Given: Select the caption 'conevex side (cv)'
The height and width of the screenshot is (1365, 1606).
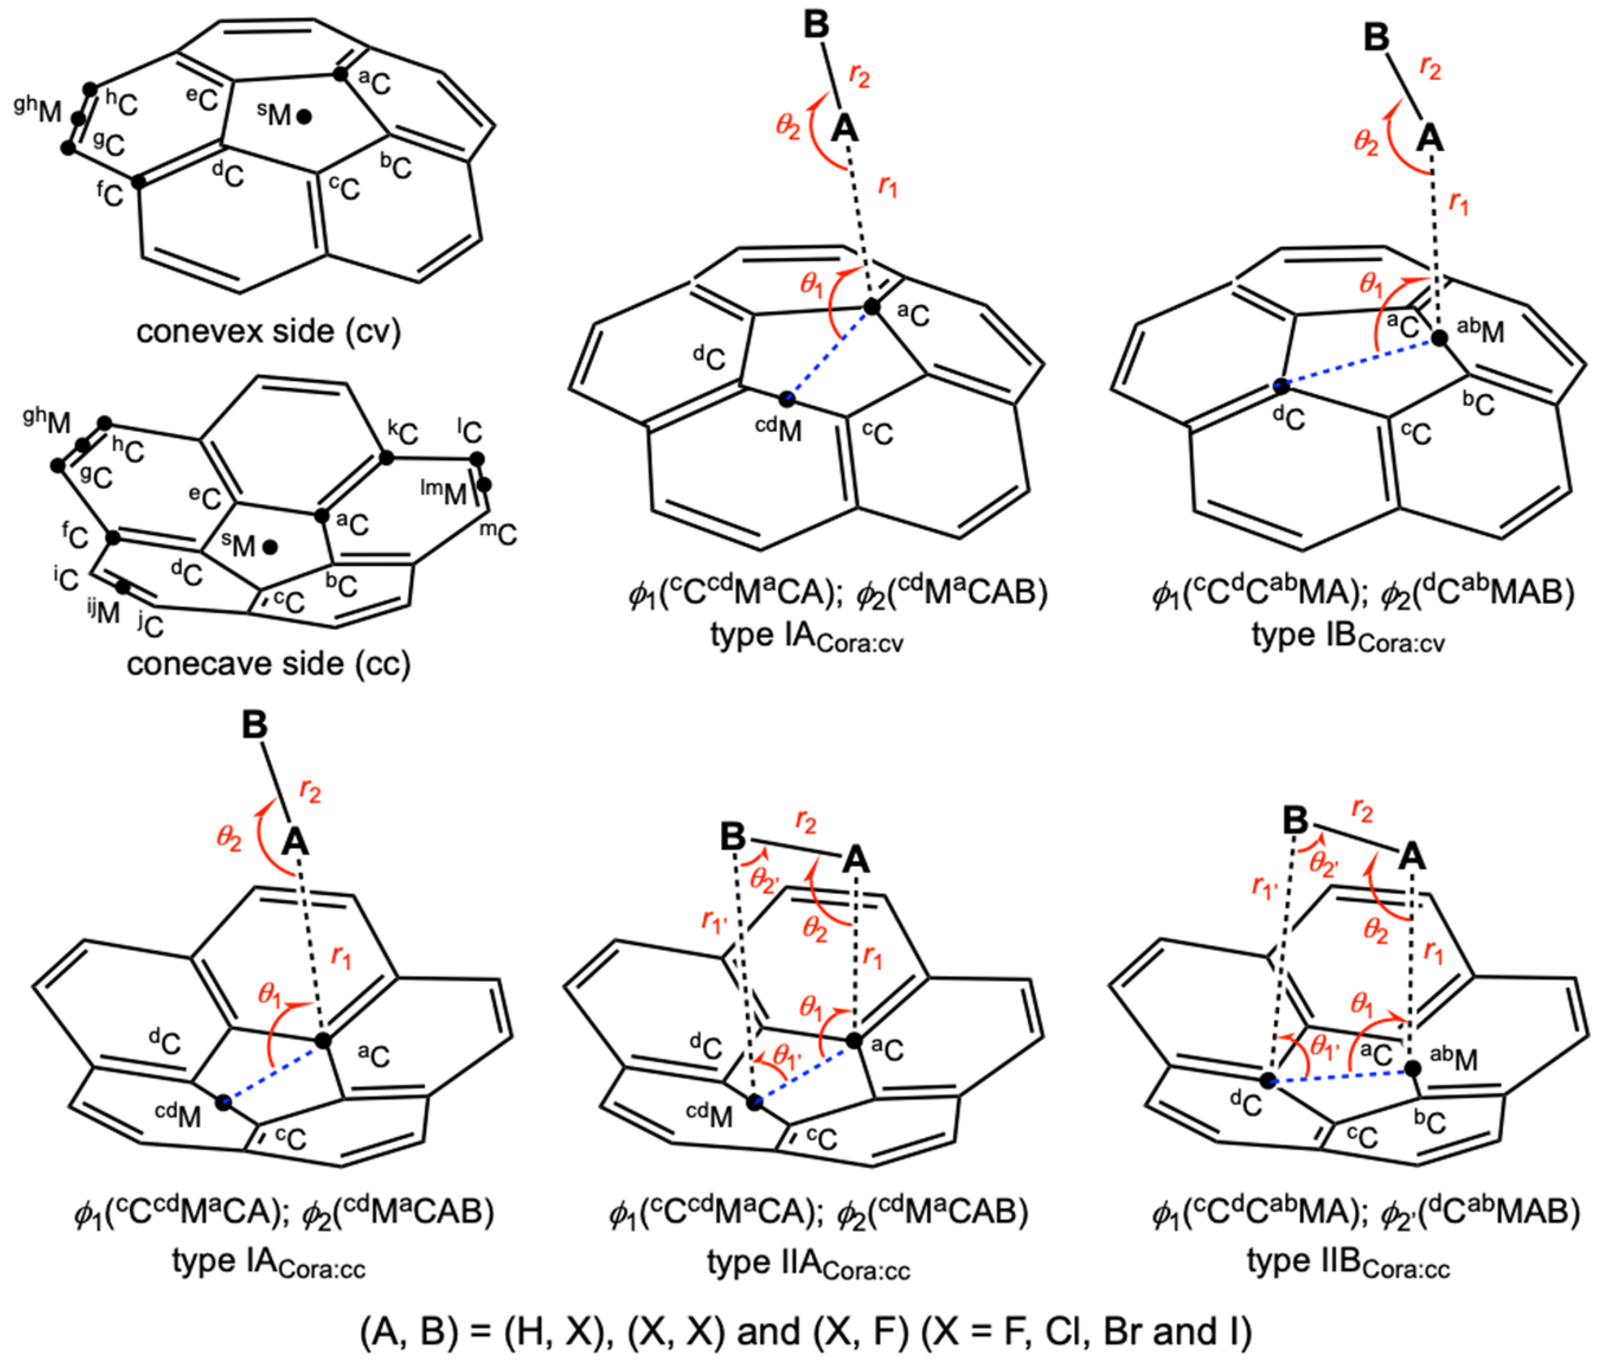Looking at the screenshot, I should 268,331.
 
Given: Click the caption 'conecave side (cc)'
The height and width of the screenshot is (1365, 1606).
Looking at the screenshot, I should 268,664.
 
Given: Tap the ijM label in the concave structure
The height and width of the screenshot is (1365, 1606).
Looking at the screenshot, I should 104,611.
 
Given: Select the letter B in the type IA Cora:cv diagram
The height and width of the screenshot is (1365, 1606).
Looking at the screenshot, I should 816,25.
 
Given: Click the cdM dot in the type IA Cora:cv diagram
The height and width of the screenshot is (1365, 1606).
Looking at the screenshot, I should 787,399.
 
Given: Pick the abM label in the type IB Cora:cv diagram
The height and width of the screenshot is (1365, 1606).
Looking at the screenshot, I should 1480,331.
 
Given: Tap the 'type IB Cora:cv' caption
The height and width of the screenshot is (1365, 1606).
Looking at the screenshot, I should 1348,637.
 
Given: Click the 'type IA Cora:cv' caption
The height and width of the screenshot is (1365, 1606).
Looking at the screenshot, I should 806,637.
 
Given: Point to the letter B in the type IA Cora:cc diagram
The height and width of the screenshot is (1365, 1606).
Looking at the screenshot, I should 255,726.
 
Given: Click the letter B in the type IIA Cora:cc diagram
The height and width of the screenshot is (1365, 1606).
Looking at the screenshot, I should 733,837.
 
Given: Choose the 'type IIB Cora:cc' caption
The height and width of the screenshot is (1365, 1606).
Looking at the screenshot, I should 1348,1263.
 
